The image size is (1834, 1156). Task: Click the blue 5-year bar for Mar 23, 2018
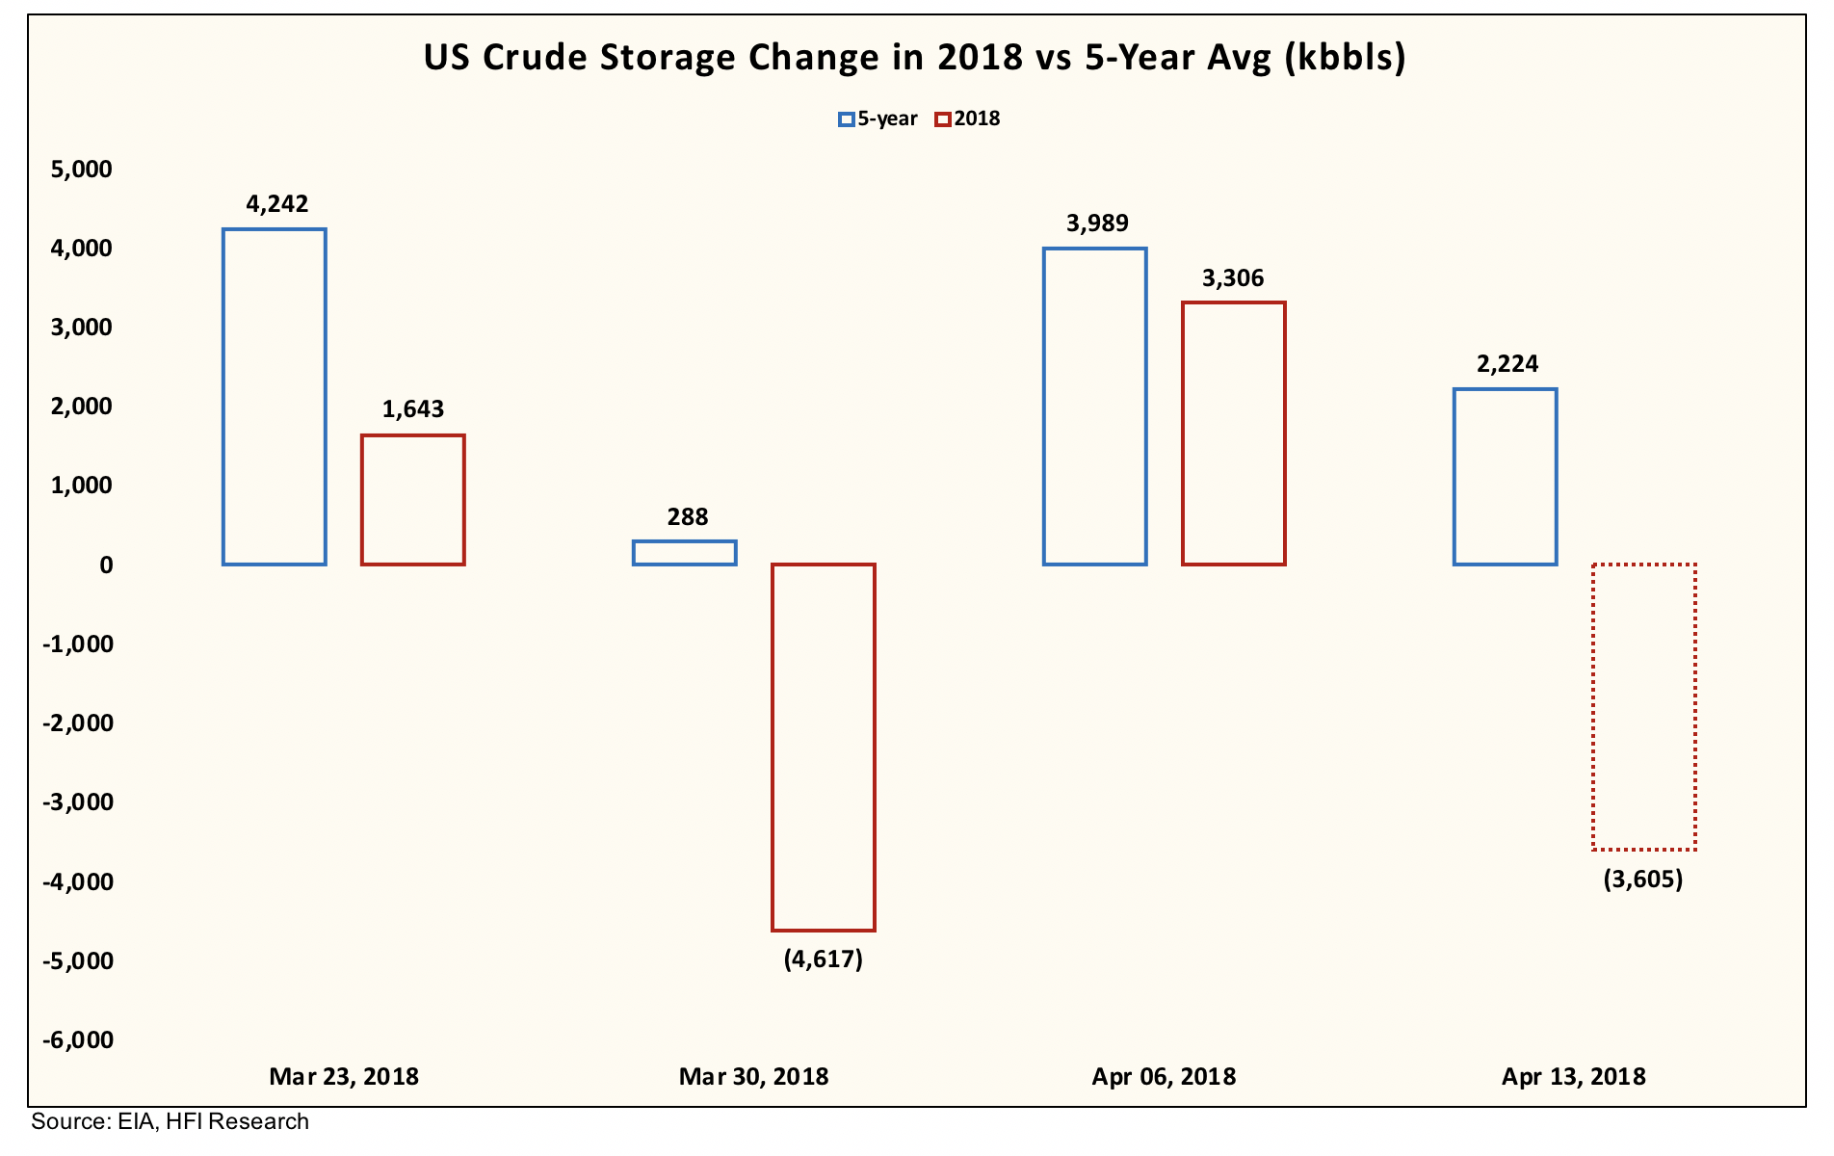point(275,397)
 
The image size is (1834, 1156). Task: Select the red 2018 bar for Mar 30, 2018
point(824,747)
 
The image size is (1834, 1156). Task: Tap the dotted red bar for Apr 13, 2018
point(1643,706)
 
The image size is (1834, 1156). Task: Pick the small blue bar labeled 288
point(685,553)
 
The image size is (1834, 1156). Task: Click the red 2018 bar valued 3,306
point(1234,433)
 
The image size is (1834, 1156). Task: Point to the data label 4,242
point(277,203)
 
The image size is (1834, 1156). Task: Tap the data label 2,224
point(1507,364)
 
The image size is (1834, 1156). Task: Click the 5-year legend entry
point(878,118)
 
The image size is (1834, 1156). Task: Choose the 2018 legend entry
point(968,118)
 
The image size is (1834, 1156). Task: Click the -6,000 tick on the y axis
point(78,1039)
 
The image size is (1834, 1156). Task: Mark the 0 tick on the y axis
point(106,565)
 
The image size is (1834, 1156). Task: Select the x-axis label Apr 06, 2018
point(1164,1076)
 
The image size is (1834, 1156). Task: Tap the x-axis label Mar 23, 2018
point(344,1076)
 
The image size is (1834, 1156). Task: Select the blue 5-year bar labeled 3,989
point(1095,407)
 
